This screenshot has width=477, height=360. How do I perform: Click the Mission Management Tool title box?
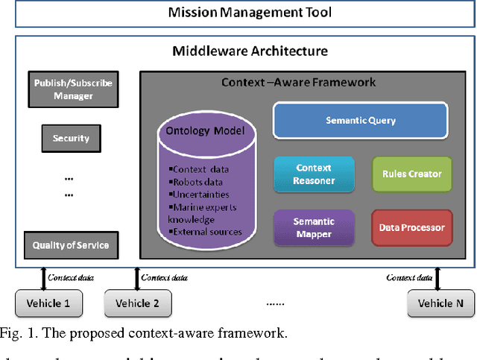click(238, 13)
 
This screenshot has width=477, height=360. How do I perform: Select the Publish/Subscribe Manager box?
click(73, 89)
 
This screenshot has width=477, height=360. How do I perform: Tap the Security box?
click(72, 138)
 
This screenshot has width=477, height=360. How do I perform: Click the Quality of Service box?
click(72, 244)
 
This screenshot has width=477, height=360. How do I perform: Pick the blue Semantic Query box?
click(361, 121)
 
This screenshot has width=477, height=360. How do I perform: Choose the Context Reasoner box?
click(313, 174)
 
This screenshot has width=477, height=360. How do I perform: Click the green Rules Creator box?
click(411, 174)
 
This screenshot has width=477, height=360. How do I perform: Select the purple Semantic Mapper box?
click(313, 227)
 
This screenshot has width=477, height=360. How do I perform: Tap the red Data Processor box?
click(411, 227)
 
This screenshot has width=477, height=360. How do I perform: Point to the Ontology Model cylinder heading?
click(207, 130)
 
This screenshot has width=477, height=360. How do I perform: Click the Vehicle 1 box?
click(48, 303)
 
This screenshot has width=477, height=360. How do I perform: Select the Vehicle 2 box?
click(138, 303)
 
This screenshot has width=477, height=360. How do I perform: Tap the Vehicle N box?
click(440, 303)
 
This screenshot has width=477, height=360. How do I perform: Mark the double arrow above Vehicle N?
click(437, 278)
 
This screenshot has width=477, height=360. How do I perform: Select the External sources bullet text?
click(207, 231)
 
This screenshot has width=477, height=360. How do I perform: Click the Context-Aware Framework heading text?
click(299, 82)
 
